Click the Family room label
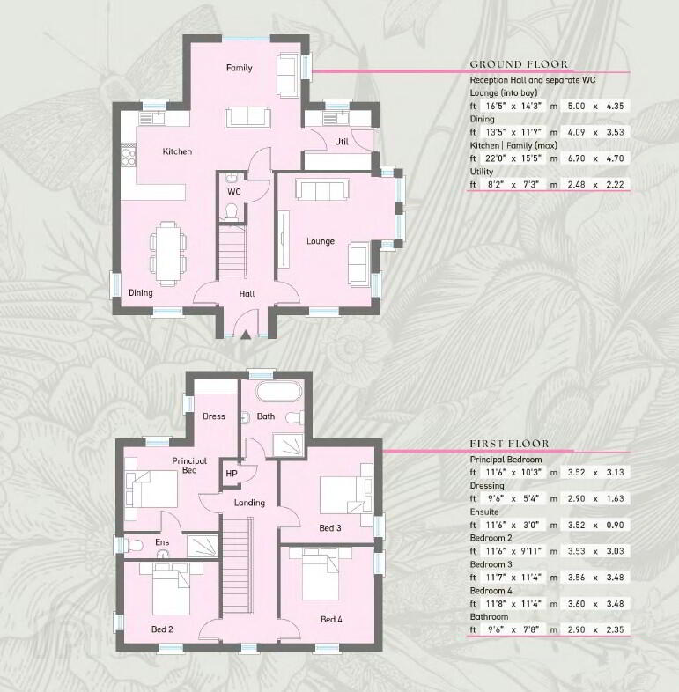coord(240,68)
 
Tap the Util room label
coord(342,142)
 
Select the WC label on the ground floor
coord(234,192)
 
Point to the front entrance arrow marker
coord(246,334)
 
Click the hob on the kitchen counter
coord(129,155)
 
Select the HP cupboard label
coord(232,474)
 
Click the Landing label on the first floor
coord(249,503)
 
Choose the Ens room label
coord(162,542)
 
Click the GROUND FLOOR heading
coord(519,64)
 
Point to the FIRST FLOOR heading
coord(510,444)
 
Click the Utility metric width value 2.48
coord(577,185)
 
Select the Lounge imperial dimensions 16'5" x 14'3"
coord(514,106)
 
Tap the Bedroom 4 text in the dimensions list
coord(491,591)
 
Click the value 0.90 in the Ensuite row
coord(615,526)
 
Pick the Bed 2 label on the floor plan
coord(162,629)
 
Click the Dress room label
coord(214,416)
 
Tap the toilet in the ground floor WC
coord(232,212)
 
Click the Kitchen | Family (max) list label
coord(513,145)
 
